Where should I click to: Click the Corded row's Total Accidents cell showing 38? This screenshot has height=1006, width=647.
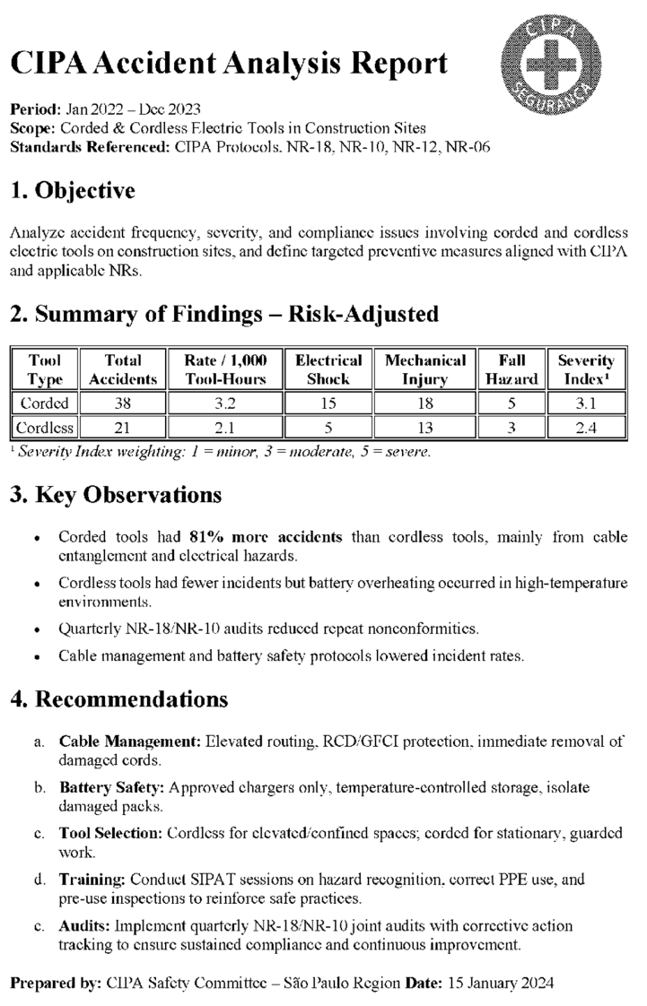124,403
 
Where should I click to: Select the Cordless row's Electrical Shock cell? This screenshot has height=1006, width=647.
328,428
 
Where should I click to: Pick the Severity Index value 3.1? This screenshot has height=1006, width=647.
586,403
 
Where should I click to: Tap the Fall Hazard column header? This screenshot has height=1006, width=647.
511,369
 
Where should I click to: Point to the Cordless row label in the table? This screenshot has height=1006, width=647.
45,428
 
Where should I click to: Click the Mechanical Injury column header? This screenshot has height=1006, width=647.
425,369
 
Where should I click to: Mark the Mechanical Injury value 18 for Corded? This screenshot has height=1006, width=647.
425,403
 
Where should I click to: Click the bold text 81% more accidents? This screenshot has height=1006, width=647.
266,537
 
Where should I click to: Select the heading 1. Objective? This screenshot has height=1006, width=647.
73,191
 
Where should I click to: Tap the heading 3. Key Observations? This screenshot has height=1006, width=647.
116,495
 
